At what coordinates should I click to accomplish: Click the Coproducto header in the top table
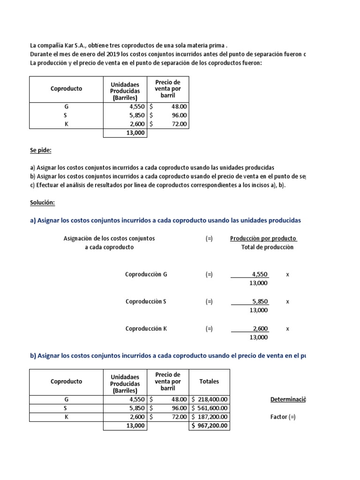[66, 89]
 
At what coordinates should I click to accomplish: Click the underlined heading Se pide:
[41, 150]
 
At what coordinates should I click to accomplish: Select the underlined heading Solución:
[42, 202]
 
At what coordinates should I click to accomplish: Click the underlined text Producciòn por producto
[263, 239]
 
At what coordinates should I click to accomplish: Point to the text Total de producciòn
[267, 247]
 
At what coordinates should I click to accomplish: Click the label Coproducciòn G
[146, 274]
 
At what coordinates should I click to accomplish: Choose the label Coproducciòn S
[146, 301]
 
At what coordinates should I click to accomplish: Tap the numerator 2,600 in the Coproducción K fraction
[260, 329]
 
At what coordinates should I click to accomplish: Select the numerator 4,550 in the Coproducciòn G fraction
[260, 274]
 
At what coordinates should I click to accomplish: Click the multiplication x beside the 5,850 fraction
[287, 301]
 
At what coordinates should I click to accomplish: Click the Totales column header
[209, 382]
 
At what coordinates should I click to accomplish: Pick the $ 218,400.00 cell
[210, 399]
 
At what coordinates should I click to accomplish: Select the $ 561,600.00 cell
[210, 408]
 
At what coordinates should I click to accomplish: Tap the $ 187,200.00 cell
[210, 417]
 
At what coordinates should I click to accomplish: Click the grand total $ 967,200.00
[210, 426]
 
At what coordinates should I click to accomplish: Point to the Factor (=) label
[283, 417]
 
